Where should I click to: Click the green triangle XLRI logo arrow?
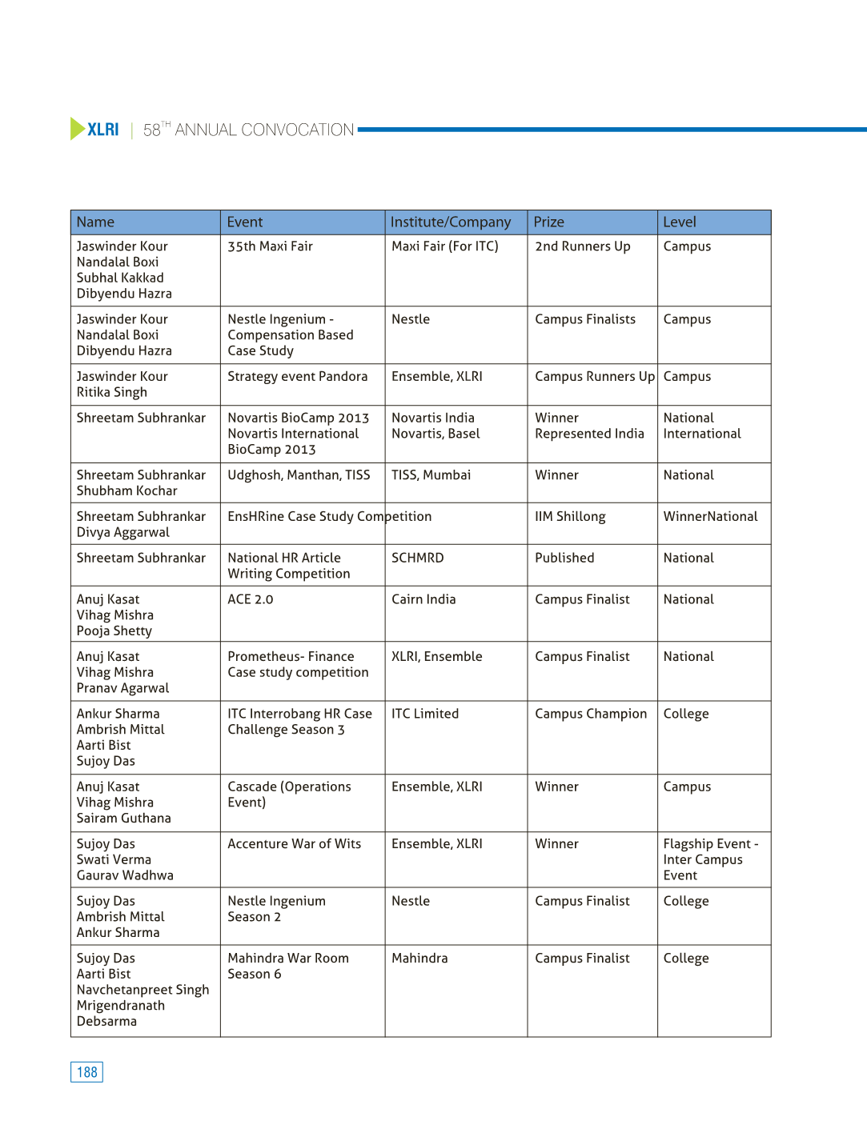[77, 129]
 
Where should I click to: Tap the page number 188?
[86, 1072]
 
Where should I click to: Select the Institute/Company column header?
[450, 222]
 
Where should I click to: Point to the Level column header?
[680, 222]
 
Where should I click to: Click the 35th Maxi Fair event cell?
[270, 246]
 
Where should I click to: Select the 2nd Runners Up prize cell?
[582, 246]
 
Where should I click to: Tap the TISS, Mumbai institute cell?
[431, 475]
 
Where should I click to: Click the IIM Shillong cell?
[570, 517]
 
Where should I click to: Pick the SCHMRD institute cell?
[417, 558]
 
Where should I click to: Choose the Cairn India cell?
[423, 599]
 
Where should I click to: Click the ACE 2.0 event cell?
[250, 599]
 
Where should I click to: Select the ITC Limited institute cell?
[425, 714]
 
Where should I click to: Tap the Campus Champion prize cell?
[591, 714]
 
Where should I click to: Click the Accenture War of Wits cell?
[294, 844]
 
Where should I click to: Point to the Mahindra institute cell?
[419, 959]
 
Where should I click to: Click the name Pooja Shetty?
[114, 631]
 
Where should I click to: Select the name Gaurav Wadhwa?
[125, 875]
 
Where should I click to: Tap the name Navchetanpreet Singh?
[142, 990]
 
